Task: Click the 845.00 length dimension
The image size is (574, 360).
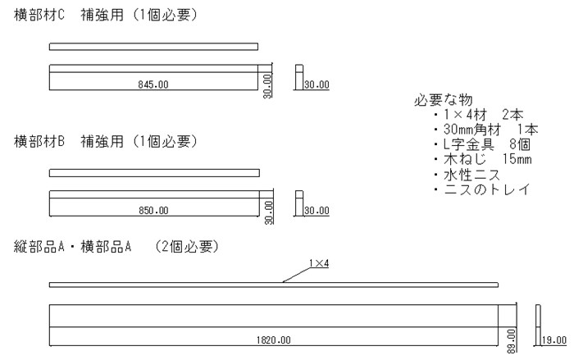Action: click(153, 84)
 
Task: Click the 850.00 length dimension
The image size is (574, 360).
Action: click(153, 210)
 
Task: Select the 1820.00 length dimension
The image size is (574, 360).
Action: click(273, 339)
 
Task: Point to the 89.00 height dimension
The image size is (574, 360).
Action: click(511, 341)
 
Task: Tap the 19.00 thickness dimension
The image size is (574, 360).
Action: click(553, 339)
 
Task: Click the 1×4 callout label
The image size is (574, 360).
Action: click(319, 263)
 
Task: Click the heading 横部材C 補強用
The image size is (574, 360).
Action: click(68, 15)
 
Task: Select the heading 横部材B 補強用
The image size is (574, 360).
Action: click(68, 141)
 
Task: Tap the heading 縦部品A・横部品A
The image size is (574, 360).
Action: click(72, 247)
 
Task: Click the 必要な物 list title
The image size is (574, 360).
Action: click(444, 99)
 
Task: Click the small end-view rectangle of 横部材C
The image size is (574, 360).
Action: click(299, 77)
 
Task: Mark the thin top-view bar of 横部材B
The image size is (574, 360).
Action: click(154, 173)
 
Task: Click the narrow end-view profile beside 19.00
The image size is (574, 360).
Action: click(538, 325)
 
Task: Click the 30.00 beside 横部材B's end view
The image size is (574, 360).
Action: click(317, 210)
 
